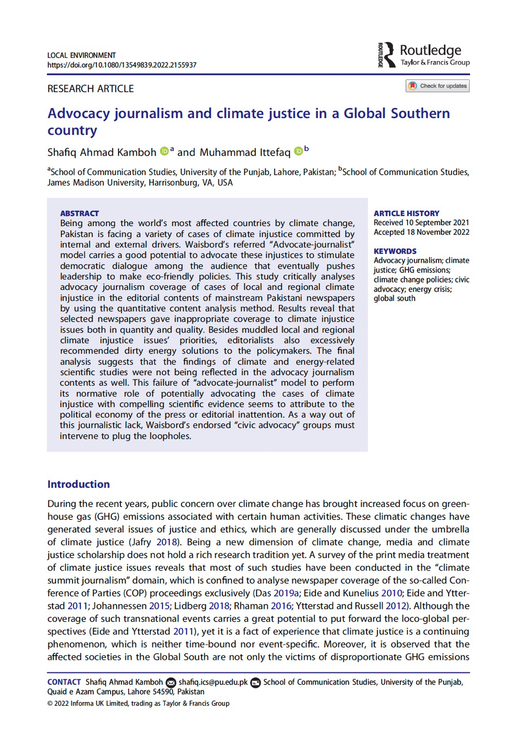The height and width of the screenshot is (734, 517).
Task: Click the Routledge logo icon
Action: click(388, 55)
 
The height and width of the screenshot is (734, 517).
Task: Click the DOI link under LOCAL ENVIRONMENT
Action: click(122, 65)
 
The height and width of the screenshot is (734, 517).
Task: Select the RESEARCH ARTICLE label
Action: click(90, 89)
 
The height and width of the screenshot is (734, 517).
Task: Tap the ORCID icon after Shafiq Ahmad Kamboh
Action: click(164, 151)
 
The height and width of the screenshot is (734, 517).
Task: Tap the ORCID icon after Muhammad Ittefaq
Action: click(298, 151)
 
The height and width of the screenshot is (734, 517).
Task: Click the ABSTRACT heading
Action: click(79, 213)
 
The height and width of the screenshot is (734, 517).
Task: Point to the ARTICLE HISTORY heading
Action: click(406, 213)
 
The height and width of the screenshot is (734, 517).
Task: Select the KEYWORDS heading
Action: click(395, 251)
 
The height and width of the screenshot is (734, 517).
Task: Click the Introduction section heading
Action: click(78, 484)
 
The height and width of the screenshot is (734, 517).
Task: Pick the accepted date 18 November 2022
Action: click(437, 232)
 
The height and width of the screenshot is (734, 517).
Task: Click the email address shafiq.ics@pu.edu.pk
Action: click(213, 682)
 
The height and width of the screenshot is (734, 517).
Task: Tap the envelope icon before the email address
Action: click(171, 682)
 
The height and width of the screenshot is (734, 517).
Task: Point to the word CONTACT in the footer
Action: click(64, 682)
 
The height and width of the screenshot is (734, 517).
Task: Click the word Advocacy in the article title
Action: click(79, 113)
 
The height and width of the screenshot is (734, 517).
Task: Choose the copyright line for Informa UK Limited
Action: click(138, 703)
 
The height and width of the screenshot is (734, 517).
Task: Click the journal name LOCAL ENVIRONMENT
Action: click(81, 55)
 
